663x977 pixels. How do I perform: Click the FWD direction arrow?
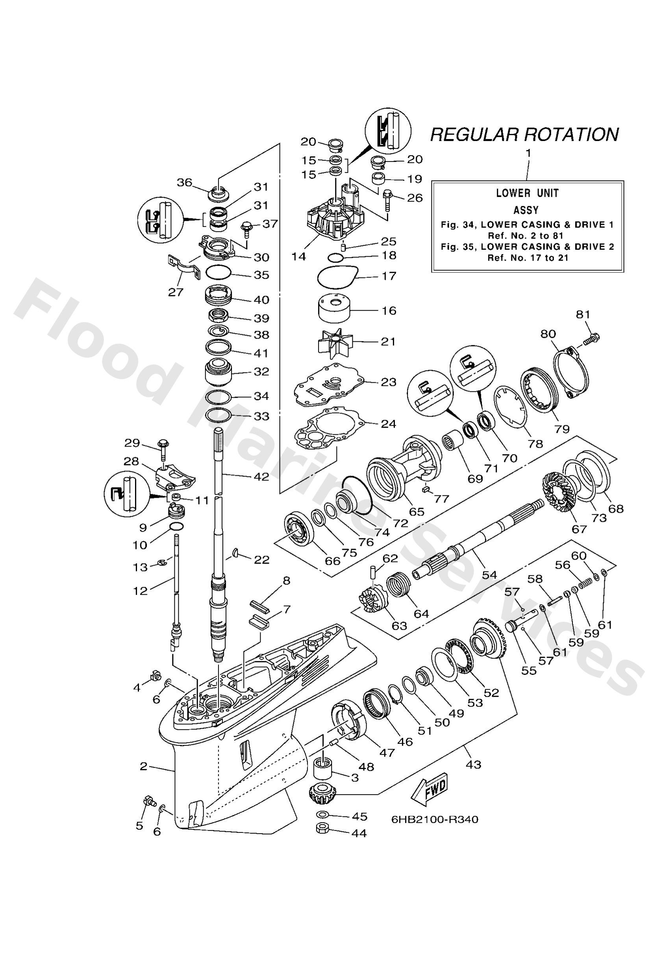(429, 787)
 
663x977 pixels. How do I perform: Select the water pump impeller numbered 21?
(335, 342)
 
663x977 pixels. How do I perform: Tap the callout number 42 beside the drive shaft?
(261, 477)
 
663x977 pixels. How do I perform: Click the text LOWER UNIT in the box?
(527, 193)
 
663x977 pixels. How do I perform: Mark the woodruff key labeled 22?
(236, 552)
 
